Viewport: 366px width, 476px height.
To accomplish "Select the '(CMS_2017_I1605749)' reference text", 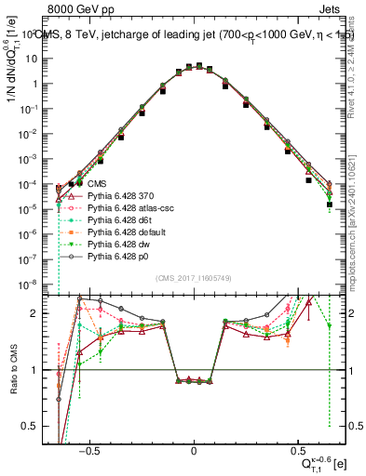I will pyautogui.click(x=194, y=278).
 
